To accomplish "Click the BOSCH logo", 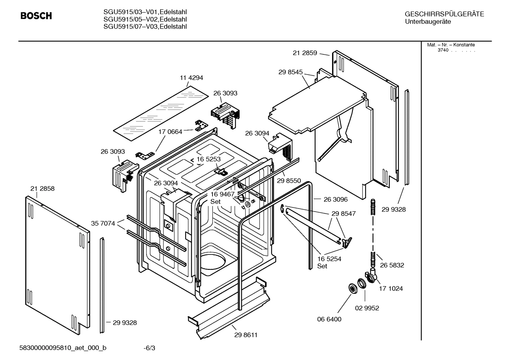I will pos(36,16).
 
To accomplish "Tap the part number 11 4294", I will pos(191,78).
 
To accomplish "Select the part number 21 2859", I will pos(305,53).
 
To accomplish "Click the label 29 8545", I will pos(291,72).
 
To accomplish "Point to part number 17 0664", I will pos(170,132).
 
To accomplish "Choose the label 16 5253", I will pos(209,159).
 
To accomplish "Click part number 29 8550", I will pos(289,181).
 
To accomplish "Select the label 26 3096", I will pos(335,199).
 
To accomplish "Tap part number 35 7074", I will pos(103,223).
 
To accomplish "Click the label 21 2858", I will pos(42,189).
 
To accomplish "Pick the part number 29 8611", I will pos(246,335).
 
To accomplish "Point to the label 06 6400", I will pos(329,319).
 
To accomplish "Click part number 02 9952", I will pos(367,308).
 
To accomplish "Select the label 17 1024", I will pos(391,288).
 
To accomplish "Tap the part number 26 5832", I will pos(392,265).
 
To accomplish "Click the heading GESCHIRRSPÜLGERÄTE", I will pos(444,14).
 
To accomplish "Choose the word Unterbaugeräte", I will pos(428,22).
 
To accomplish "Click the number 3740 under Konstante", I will pos(443,50).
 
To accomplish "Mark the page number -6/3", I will pos(149,348).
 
